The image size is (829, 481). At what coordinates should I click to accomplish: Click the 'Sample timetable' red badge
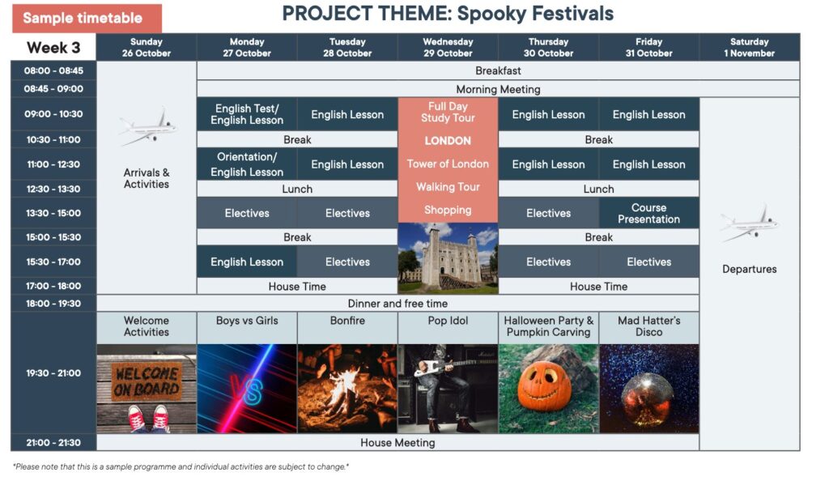coord(87,18)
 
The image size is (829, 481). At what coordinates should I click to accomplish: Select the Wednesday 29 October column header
coord(448,47)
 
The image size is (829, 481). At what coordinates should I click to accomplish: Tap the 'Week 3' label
coord(53,48)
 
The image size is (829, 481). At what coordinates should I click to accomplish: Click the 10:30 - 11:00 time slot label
coord(53,139)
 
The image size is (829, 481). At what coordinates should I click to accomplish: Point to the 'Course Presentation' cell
coord(648,213)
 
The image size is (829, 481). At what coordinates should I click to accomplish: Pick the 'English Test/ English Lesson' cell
coord(247,114)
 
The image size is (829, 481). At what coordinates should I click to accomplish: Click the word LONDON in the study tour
coord(448,141)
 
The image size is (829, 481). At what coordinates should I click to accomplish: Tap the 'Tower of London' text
coord(448,164)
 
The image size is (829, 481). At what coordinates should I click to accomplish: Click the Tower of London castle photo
coord(448,258)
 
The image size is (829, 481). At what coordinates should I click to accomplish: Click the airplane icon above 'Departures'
coord(749,223)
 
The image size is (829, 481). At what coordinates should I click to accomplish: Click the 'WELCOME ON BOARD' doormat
coord(147,381)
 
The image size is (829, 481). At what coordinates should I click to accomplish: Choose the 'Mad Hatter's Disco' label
coord(648,326)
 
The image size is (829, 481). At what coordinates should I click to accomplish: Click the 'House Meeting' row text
coord(397,442)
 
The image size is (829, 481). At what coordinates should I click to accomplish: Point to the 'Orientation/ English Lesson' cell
coord(247,164)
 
